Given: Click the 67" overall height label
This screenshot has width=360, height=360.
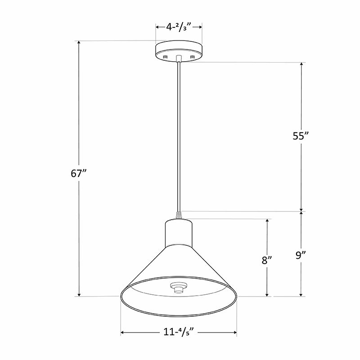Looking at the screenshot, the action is [80, 173].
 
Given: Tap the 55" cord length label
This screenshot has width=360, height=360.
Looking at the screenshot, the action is [301, 136].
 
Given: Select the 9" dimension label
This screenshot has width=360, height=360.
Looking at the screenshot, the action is [301, 255].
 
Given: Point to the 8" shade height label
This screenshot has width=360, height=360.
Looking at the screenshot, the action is [267, 261].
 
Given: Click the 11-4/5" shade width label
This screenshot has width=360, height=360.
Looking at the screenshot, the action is [179, 332].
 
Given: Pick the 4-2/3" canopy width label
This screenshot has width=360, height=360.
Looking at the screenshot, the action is [179, 27].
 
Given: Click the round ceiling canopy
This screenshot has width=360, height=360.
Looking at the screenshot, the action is [179, 51].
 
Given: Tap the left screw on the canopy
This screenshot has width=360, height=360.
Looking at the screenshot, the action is [165, 57].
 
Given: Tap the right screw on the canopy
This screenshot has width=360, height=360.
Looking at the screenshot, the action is [193, 57].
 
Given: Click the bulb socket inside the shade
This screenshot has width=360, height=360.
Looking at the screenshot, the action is [179, 288].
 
